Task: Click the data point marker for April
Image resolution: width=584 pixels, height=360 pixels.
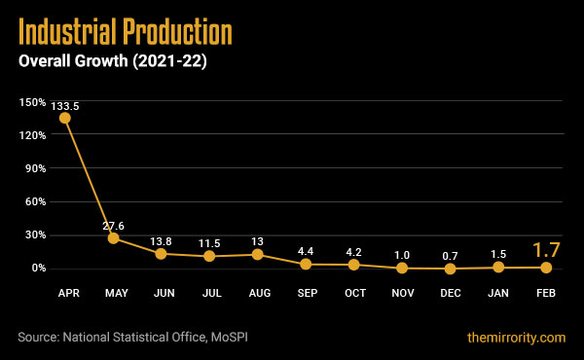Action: [x=65, y=118]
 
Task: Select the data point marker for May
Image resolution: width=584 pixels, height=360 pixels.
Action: [x=113, y=237]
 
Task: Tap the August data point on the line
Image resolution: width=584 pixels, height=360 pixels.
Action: [x=257, y=254]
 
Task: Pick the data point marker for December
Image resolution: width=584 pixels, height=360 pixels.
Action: [x=450, y=268]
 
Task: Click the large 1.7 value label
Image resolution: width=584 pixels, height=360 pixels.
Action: [x=545, y=249]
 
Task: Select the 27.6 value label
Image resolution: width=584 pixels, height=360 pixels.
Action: [x=113, y=226]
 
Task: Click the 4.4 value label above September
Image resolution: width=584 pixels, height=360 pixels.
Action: [x=305, y=251]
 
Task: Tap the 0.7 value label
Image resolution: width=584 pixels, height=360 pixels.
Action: [x=450, y=255]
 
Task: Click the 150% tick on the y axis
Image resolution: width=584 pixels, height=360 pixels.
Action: [x=32, y=102]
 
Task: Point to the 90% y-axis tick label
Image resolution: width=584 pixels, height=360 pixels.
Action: [x=34, y=168]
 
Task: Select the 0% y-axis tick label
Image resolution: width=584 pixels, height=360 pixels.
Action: [x=37, y=269]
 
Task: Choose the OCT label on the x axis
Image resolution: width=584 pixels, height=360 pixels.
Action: [x=353, y=292]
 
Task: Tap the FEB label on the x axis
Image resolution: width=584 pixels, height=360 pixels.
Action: [x=545, y=292]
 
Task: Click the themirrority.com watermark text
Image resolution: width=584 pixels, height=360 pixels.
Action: [x=516, y=337]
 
